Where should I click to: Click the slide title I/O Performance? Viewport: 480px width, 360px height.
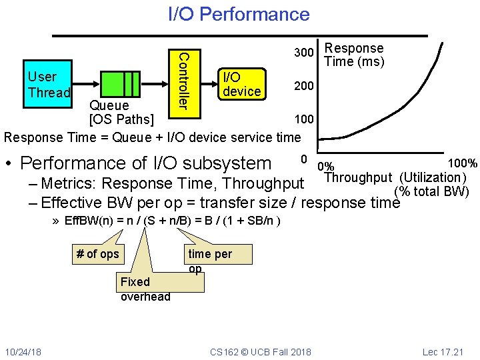coord(239,14)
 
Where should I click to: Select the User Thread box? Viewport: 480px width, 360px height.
coord(48,85)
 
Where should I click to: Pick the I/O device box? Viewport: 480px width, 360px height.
coord(241,84)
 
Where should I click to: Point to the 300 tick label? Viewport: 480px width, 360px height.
coord(305,53)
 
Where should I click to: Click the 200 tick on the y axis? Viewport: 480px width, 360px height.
coord(305,87)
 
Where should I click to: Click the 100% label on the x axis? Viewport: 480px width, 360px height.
coord(463,163)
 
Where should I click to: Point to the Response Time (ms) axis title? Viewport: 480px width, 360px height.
coord(354,55)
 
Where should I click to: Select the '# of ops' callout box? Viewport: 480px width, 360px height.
coord(98,253)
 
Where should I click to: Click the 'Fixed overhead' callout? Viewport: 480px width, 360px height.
coord(145,289)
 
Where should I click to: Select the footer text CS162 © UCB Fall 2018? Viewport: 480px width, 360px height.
coord(259,351)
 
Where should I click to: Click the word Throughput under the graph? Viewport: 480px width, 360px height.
coord(357,177)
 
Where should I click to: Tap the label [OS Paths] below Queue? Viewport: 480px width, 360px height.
coord(121,120)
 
